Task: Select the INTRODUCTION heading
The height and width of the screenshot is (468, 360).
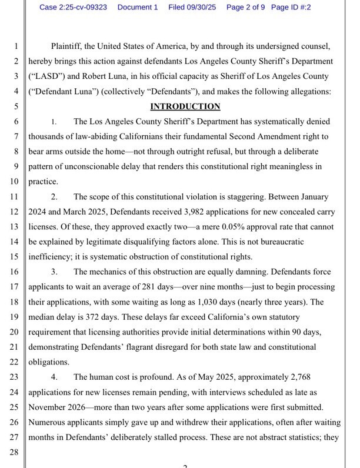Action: pos(185,106)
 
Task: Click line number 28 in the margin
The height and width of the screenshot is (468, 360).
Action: pos(15,453)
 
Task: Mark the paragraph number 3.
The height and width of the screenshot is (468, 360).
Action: pos(54,272)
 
